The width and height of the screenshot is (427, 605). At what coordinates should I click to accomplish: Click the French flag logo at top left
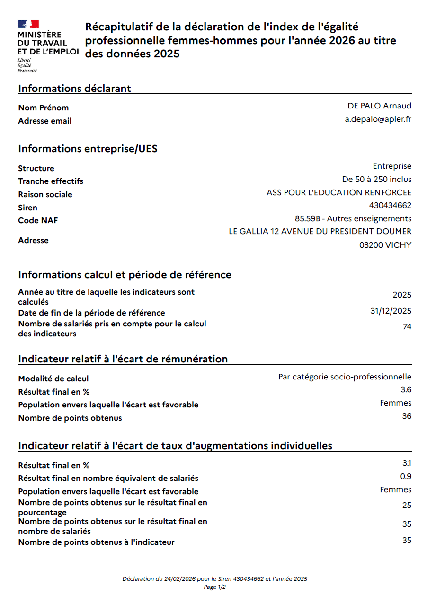(28, 24)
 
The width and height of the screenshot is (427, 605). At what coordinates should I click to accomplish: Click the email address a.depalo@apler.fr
(378, 119)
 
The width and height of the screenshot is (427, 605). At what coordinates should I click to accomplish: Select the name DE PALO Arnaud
(379, 106)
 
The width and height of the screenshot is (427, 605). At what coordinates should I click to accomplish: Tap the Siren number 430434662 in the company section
(390, 206)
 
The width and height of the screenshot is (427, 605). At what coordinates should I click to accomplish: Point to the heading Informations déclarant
(74, 88)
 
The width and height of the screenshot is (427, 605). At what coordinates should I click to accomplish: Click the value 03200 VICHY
(385, 245)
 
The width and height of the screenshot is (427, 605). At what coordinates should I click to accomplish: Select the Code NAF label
(38, 221)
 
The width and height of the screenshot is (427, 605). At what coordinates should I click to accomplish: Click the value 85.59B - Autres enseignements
(353, 218)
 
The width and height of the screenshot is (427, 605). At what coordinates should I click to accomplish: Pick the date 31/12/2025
(391, 311)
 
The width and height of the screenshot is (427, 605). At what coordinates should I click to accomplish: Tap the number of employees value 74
(407, 327)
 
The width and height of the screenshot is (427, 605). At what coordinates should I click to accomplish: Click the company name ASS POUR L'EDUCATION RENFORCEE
(339, 192)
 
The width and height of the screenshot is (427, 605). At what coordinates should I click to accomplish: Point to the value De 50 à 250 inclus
(377, 179)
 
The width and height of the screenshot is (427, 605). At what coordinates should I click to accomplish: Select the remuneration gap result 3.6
(406, 390)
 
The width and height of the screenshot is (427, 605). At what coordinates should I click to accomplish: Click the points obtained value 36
(407, 416)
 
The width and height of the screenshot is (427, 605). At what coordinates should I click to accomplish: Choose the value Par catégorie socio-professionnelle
(345, 377)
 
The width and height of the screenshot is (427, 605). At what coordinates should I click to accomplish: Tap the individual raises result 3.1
(406, 463)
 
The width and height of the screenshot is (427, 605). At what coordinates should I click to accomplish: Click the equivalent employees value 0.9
(406, 476)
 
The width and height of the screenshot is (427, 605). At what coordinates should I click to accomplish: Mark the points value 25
(407, 506)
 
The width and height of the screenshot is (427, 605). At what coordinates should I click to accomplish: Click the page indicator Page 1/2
(214, 587)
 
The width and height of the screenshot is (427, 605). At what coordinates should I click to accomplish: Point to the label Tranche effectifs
(51, 181)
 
